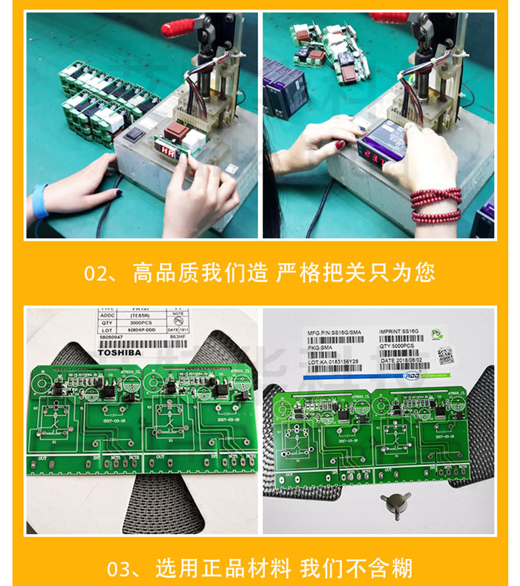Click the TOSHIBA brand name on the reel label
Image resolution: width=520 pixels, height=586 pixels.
(x=119, y=353)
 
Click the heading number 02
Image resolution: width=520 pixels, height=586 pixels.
(x=99, y=272)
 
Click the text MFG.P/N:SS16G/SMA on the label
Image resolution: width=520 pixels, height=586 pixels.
(x=334, y=333)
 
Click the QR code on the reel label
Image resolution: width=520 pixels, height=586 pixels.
(x=447, y=355)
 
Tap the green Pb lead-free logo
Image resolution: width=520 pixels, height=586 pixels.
(x=436, y=334)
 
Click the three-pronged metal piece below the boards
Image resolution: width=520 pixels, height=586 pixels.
(x=394, y=503)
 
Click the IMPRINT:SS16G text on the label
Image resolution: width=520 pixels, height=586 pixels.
(x=399, y=333)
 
